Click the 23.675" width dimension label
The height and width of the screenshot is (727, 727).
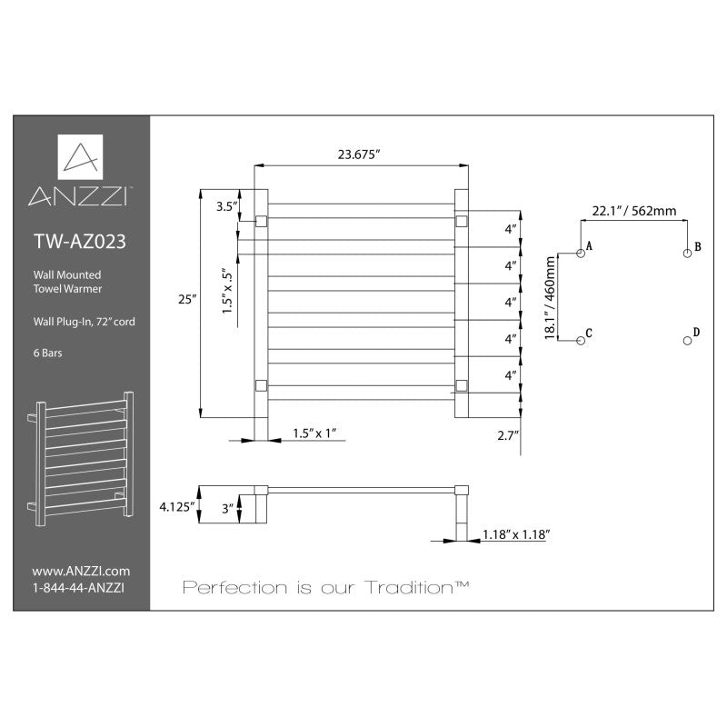(x=358, y=154)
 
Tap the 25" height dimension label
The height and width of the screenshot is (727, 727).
(x=187, y=300)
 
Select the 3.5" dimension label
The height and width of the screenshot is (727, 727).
(x=226, y=207)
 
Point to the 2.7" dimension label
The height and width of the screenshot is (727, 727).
(x=508, y=435)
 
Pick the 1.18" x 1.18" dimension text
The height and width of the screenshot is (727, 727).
(x=516, y=534)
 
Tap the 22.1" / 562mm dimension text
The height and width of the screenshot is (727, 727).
(x=633, y=211)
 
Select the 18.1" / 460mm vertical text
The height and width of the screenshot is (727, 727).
(x=550, y=298)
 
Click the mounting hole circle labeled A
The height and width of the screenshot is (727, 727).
(x=581, y=254)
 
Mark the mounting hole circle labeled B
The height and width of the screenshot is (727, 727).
(x=688, y=254)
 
